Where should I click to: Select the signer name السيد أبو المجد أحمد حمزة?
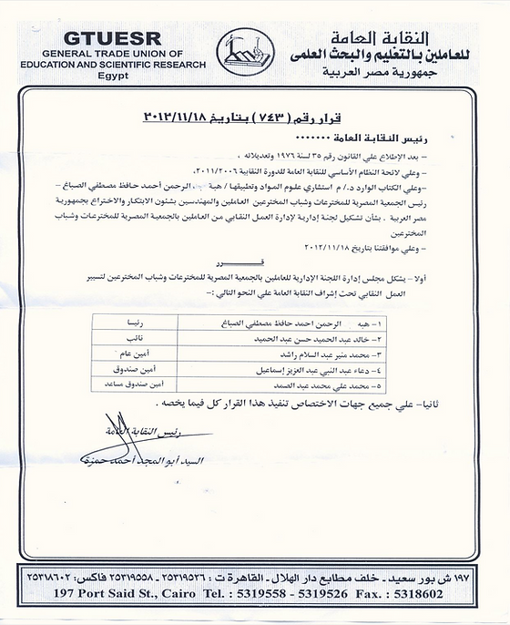[155, 462]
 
